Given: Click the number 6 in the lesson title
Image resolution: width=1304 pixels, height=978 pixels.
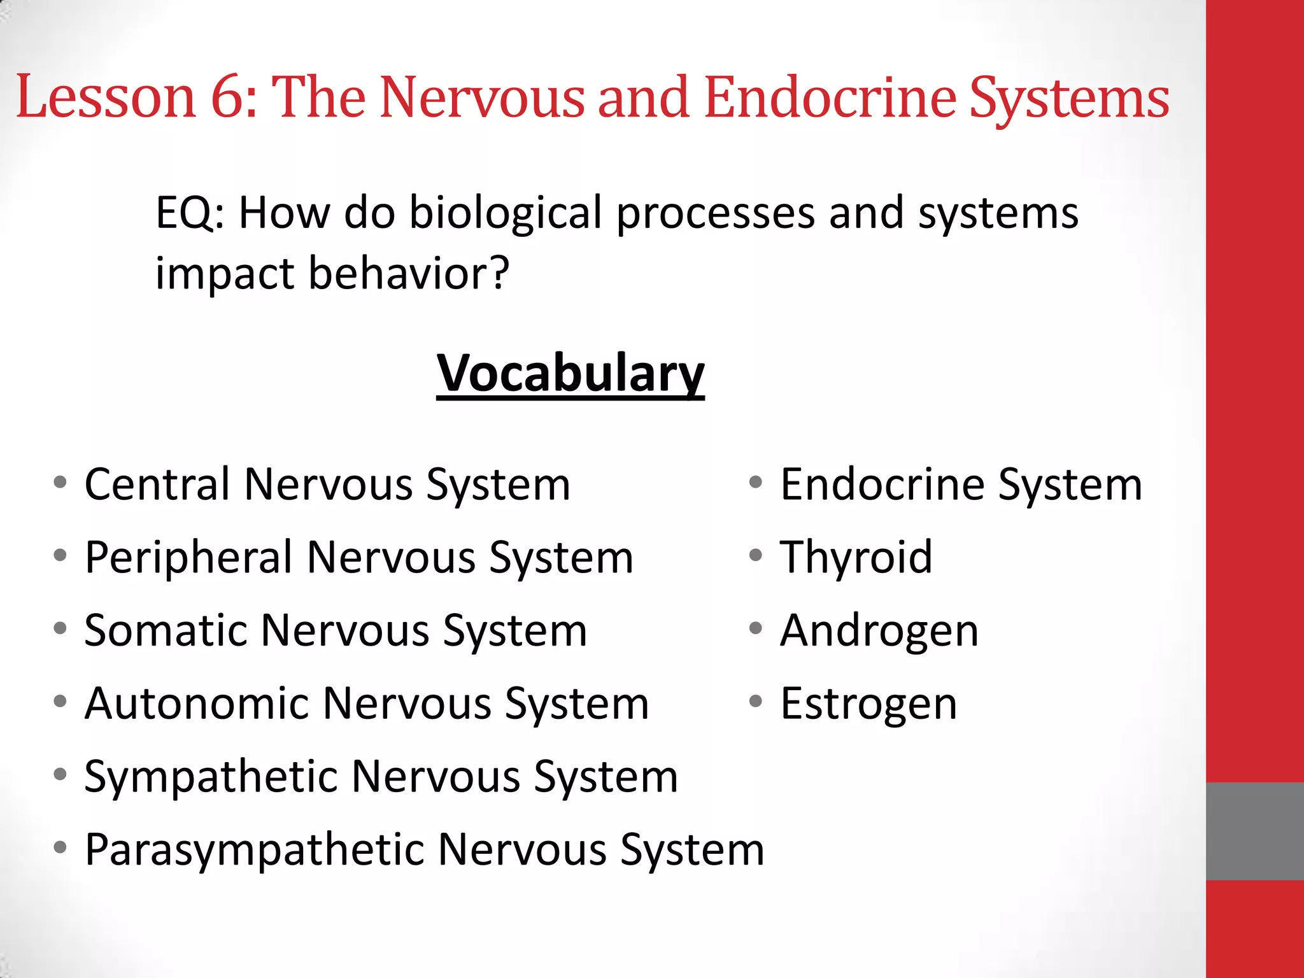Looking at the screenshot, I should (x=228, y=97).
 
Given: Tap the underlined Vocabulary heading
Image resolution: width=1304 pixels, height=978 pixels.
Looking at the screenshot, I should (x=570, y=373).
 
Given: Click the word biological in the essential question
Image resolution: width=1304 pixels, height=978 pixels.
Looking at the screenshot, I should (x=505, y=214).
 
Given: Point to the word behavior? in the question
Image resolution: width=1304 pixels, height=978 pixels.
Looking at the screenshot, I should (x=409, y=274).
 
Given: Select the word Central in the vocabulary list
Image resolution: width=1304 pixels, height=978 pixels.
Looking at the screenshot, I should (x=157, y=485).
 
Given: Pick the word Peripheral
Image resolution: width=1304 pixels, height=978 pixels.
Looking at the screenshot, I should (x=188, y=558).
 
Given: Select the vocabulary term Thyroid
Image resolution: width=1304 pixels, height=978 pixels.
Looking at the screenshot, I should (x=856, y=558).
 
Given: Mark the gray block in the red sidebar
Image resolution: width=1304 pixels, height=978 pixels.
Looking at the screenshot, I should (x=1254, y=831).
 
